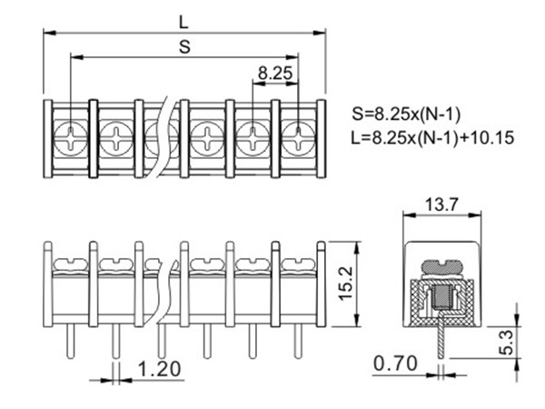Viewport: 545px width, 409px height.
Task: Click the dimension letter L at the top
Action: point(183,23)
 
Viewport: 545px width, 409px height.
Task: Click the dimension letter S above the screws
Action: point(185,46)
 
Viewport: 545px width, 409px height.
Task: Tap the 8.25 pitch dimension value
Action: point(275,74)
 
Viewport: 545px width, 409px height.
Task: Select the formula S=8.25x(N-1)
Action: point(406,115)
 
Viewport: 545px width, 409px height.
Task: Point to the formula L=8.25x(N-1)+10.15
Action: point(432,138)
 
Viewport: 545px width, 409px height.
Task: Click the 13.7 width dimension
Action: point(442,204)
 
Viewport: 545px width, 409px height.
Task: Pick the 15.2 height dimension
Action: point(346,284)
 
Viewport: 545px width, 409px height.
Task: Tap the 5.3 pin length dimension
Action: point(508,343)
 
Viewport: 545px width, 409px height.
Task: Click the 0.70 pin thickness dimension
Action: point(395,364)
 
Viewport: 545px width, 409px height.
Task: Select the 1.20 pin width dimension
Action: point(160,369)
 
